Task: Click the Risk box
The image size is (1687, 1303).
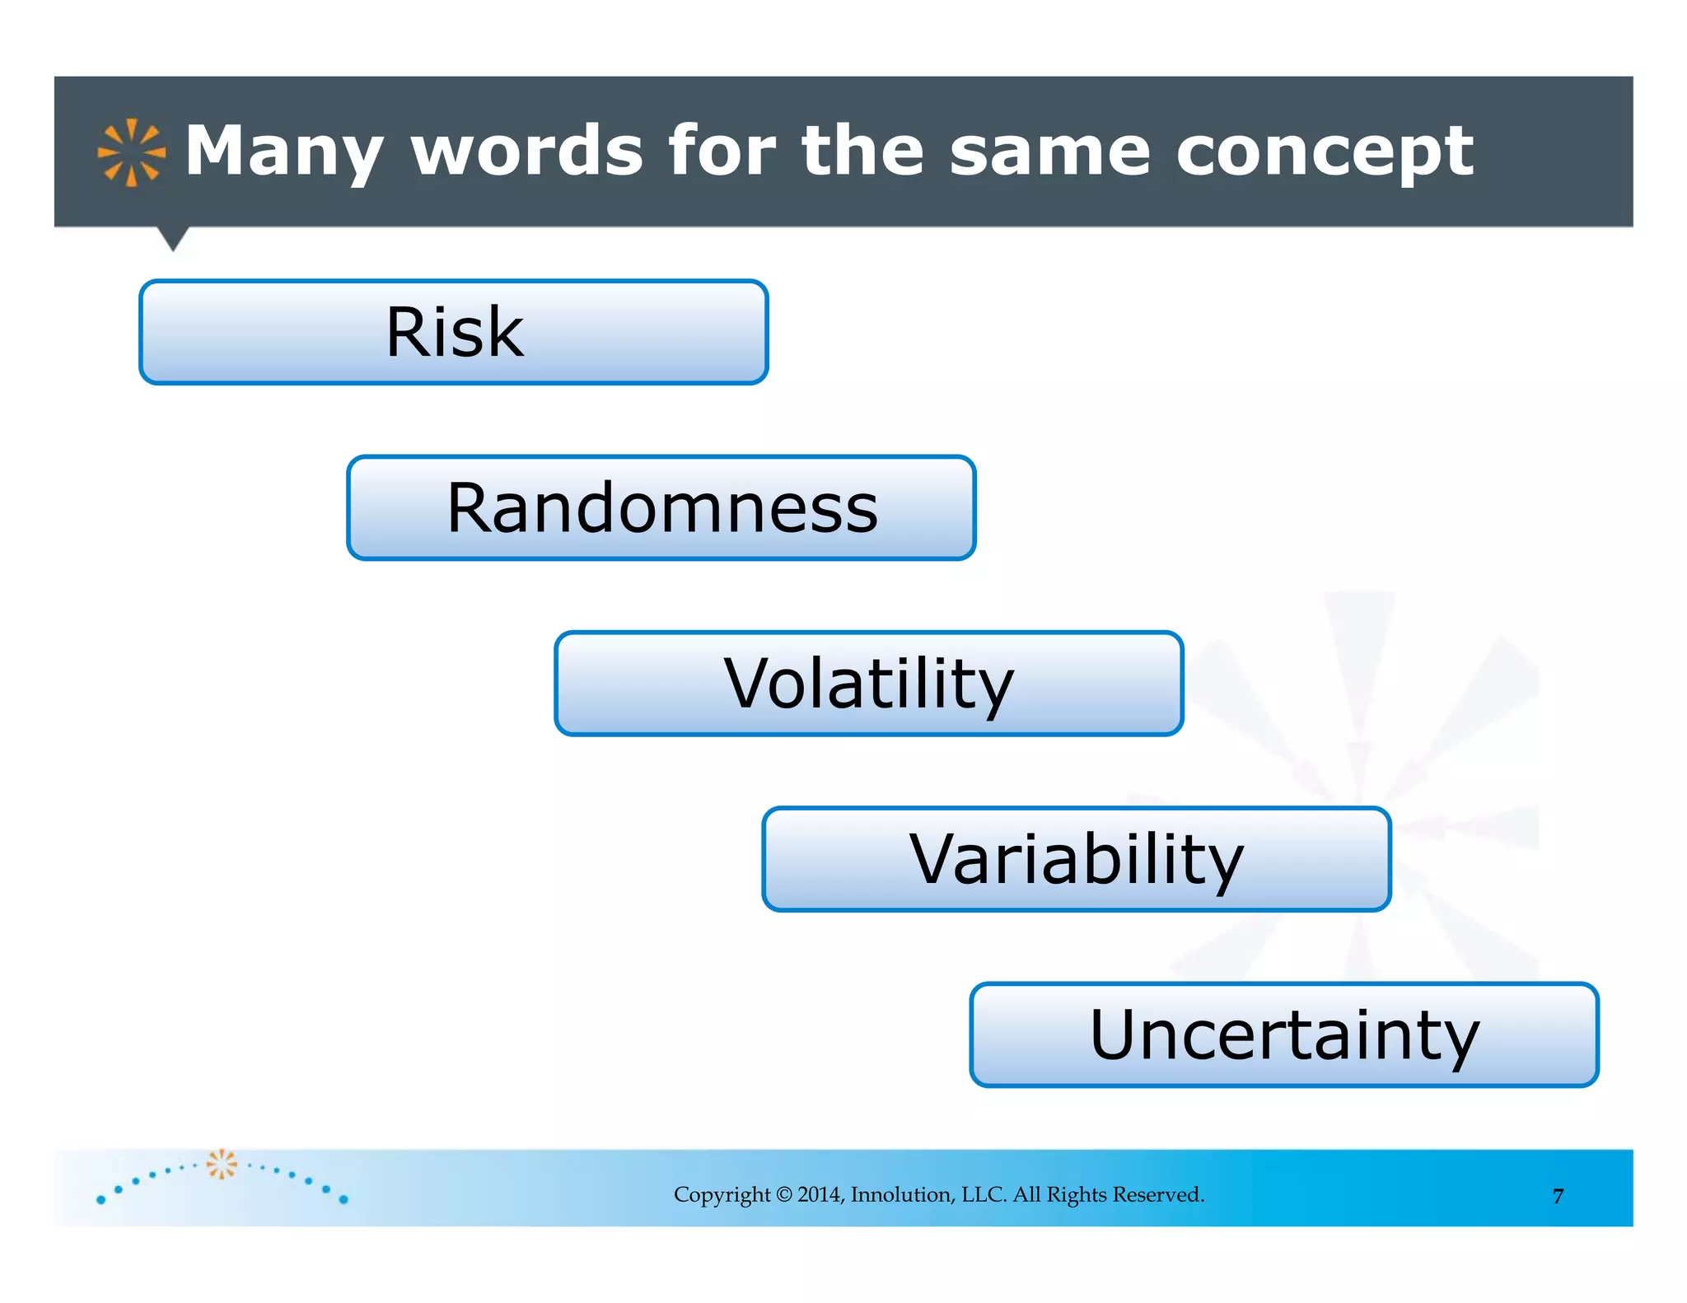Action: tap(454, 332)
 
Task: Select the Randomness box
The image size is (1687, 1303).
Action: tap(661, 507)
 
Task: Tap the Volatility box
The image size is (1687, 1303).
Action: tap(869, 684)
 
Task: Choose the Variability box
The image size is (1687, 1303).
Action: tap(1077, 859)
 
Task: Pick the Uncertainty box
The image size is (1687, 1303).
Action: tap(1284, 1034)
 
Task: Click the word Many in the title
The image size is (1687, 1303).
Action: tap(284, 152)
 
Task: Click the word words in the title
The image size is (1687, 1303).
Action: tap(527, 151)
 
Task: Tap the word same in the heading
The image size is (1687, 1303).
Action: tap(1049, 152)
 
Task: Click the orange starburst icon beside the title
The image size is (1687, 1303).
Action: tap(131, 152)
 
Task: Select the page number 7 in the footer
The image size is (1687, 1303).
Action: tap(1558, 1196)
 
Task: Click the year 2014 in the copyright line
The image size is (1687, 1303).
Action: tap(820, 1194)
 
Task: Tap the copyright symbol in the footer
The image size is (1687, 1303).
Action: tap(783, 1194)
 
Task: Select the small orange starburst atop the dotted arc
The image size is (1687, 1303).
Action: tap(221, 1163)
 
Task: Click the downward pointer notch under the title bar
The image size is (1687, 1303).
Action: tap(173, 238)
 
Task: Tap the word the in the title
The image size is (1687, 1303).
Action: tap(862, 151)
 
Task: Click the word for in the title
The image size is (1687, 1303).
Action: tap(722, 151)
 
